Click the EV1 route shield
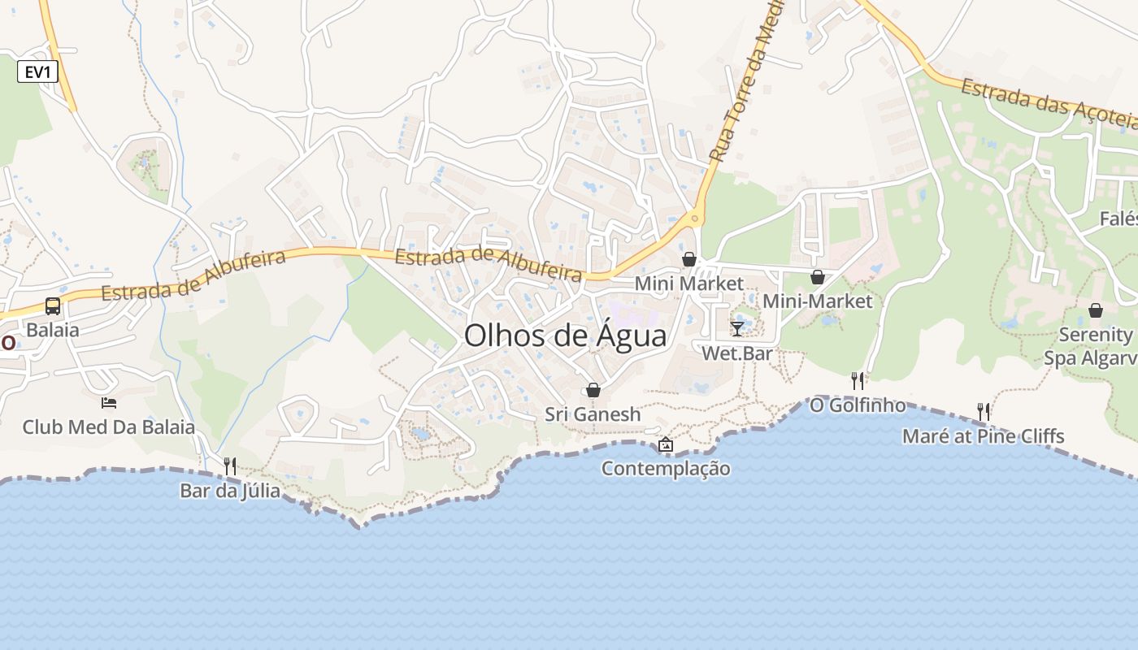coord(38,71)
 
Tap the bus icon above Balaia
coord(53,306)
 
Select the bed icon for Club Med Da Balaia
coord(108,402)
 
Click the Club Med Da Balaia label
coord(108,427)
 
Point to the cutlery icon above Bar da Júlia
coord(230,466)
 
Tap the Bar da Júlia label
coord(230,491)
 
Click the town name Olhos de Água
coord(565,336)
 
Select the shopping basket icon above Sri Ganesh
coord(593,390)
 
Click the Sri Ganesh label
coord(593,414)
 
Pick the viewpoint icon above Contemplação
coord(666,444)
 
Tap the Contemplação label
coord(666,469)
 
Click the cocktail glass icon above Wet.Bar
coord(737,328)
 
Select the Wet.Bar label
coord(737,354)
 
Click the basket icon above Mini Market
coord(689,259)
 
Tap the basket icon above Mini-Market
coord(818,277)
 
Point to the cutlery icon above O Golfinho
coord(857,380)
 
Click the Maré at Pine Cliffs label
coord(983,436)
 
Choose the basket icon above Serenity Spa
coord(1096,310)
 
